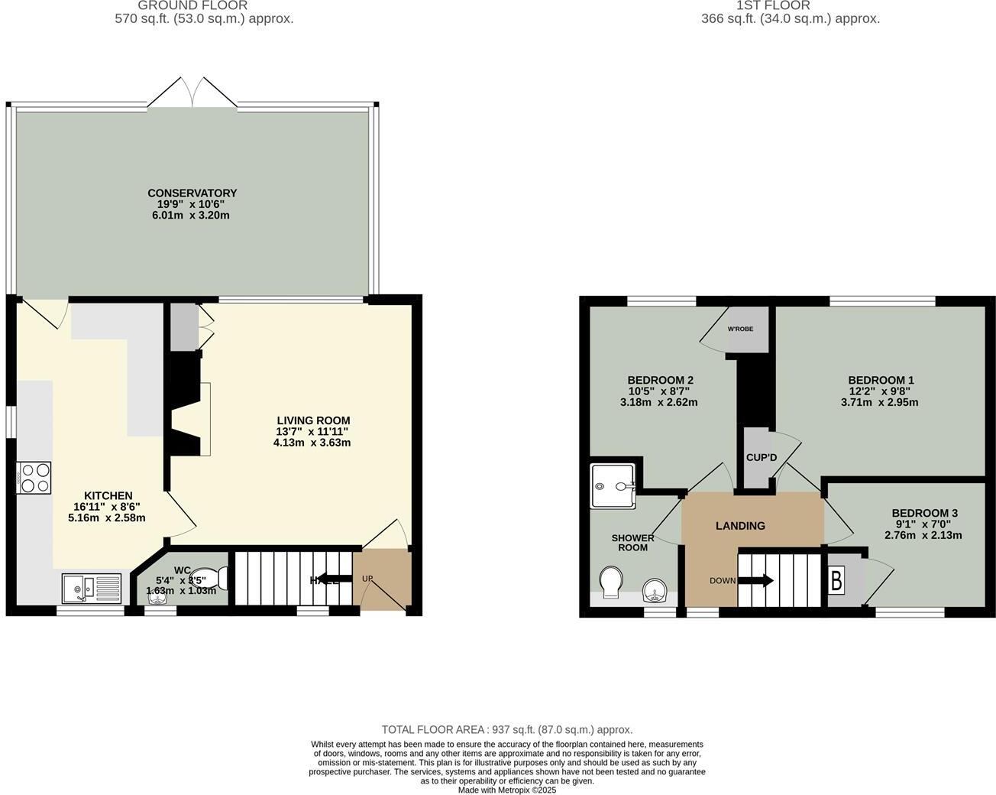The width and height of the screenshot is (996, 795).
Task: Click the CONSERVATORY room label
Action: click(x=192, y=193)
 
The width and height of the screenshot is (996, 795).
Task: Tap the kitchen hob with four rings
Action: click(x=34, y=478)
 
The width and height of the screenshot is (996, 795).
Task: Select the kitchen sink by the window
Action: click(x=92, y=589)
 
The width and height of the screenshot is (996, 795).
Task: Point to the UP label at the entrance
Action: click(x=367, y=579)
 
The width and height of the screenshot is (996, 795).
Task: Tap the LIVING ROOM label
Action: click(x=313, y=420)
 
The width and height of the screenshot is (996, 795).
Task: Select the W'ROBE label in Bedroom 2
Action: click(x=740, y=329)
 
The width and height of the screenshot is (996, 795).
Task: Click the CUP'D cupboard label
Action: click(x=761, y=458)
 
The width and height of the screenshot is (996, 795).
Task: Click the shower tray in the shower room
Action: click(x=613, y=485)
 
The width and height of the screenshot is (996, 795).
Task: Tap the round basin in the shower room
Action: click(x=655, y=590)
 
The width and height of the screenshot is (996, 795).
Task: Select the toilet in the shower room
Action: click(x=611, y=582)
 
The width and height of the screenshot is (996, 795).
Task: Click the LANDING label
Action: click(x=740, y=526)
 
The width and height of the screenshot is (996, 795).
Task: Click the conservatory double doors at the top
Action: click(x=193, y=92)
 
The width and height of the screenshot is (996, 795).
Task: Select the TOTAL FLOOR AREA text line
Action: click(x=507, y=730)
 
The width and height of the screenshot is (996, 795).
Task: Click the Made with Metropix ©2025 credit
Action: click(x=507, y=790)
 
